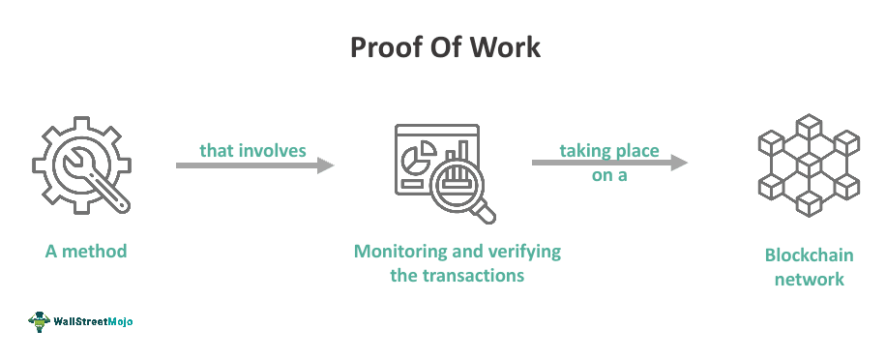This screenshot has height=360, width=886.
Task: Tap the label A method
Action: (86, 252)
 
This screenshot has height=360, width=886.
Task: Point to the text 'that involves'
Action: (252, 150)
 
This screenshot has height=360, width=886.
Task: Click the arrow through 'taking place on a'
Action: (609, 163)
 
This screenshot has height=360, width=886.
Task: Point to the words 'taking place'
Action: (609, 150)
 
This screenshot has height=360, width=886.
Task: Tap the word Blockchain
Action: (804, 255)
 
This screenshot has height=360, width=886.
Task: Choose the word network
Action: (804, 280)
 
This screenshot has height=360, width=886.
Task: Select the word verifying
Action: (524, 252)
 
